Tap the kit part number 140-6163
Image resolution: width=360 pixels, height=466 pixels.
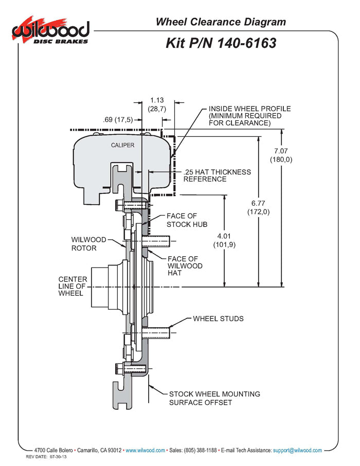(x=221, y=43)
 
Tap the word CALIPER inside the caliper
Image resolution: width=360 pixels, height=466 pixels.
(x=122, y=145)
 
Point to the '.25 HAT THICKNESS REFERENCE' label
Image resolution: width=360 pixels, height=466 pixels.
(x=217, y=175)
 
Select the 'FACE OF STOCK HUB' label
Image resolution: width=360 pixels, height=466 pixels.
(x=185, y=220)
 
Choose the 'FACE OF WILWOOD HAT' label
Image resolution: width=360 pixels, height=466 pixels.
(x=185, y=266)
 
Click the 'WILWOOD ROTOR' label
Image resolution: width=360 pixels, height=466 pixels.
(x=88, y=244)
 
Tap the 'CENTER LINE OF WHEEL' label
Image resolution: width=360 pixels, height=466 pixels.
(x=73, y=286)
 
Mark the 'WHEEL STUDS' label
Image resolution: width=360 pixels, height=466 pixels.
(x=218, y=318)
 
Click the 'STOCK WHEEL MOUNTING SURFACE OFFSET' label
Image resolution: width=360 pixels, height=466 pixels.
(x=214, y=398)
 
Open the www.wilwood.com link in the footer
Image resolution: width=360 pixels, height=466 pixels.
(x=145, y=450)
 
